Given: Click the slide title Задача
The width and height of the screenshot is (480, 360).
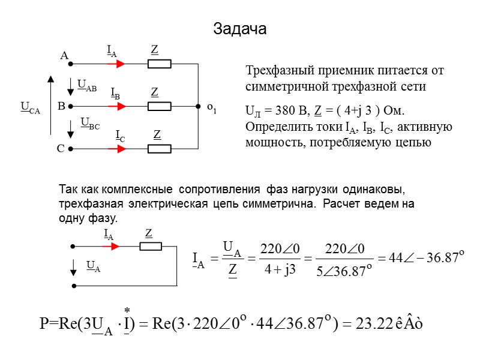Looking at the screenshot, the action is [240, 28].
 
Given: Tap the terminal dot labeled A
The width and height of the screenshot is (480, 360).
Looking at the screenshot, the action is [70, 62].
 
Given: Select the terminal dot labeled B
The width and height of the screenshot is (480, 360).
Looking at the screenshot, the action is [70, 106].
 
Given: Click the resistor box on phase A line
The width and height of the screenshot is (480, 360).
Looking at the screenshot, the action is [160, 63].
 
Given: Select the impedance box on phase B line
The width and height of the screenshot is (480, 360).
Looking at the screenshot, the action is [160, 107].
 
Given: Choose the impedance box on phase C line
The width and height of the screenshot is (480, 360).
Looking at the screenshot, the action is [160, 149].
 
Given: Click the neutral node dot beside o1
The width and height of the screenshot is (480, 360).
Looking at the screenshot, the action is [197, 107].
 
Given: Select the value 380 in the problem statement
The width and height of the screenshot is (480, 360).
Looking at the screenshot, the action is [277, 112].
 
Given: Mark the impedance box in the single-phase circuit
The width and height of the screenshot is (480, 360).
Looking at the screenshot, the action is [151, 246].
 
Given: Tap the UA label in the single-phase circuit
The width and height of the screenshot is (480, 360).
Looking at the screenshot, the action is [93, 266].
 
